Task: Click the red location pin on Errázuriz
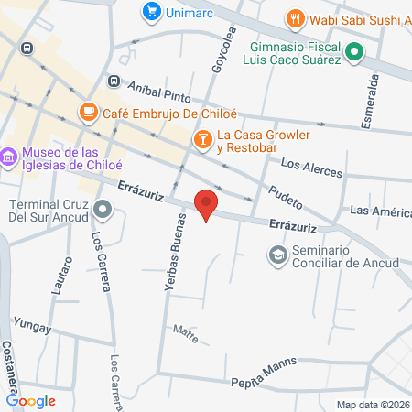coord(207,204)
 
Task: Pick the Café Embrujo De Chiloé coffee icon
coord(88,112)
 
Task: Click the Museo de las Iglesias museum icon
coord(9,157)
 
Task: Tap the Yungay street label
coord(30,326)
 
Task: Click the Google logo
coord(30,400)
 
